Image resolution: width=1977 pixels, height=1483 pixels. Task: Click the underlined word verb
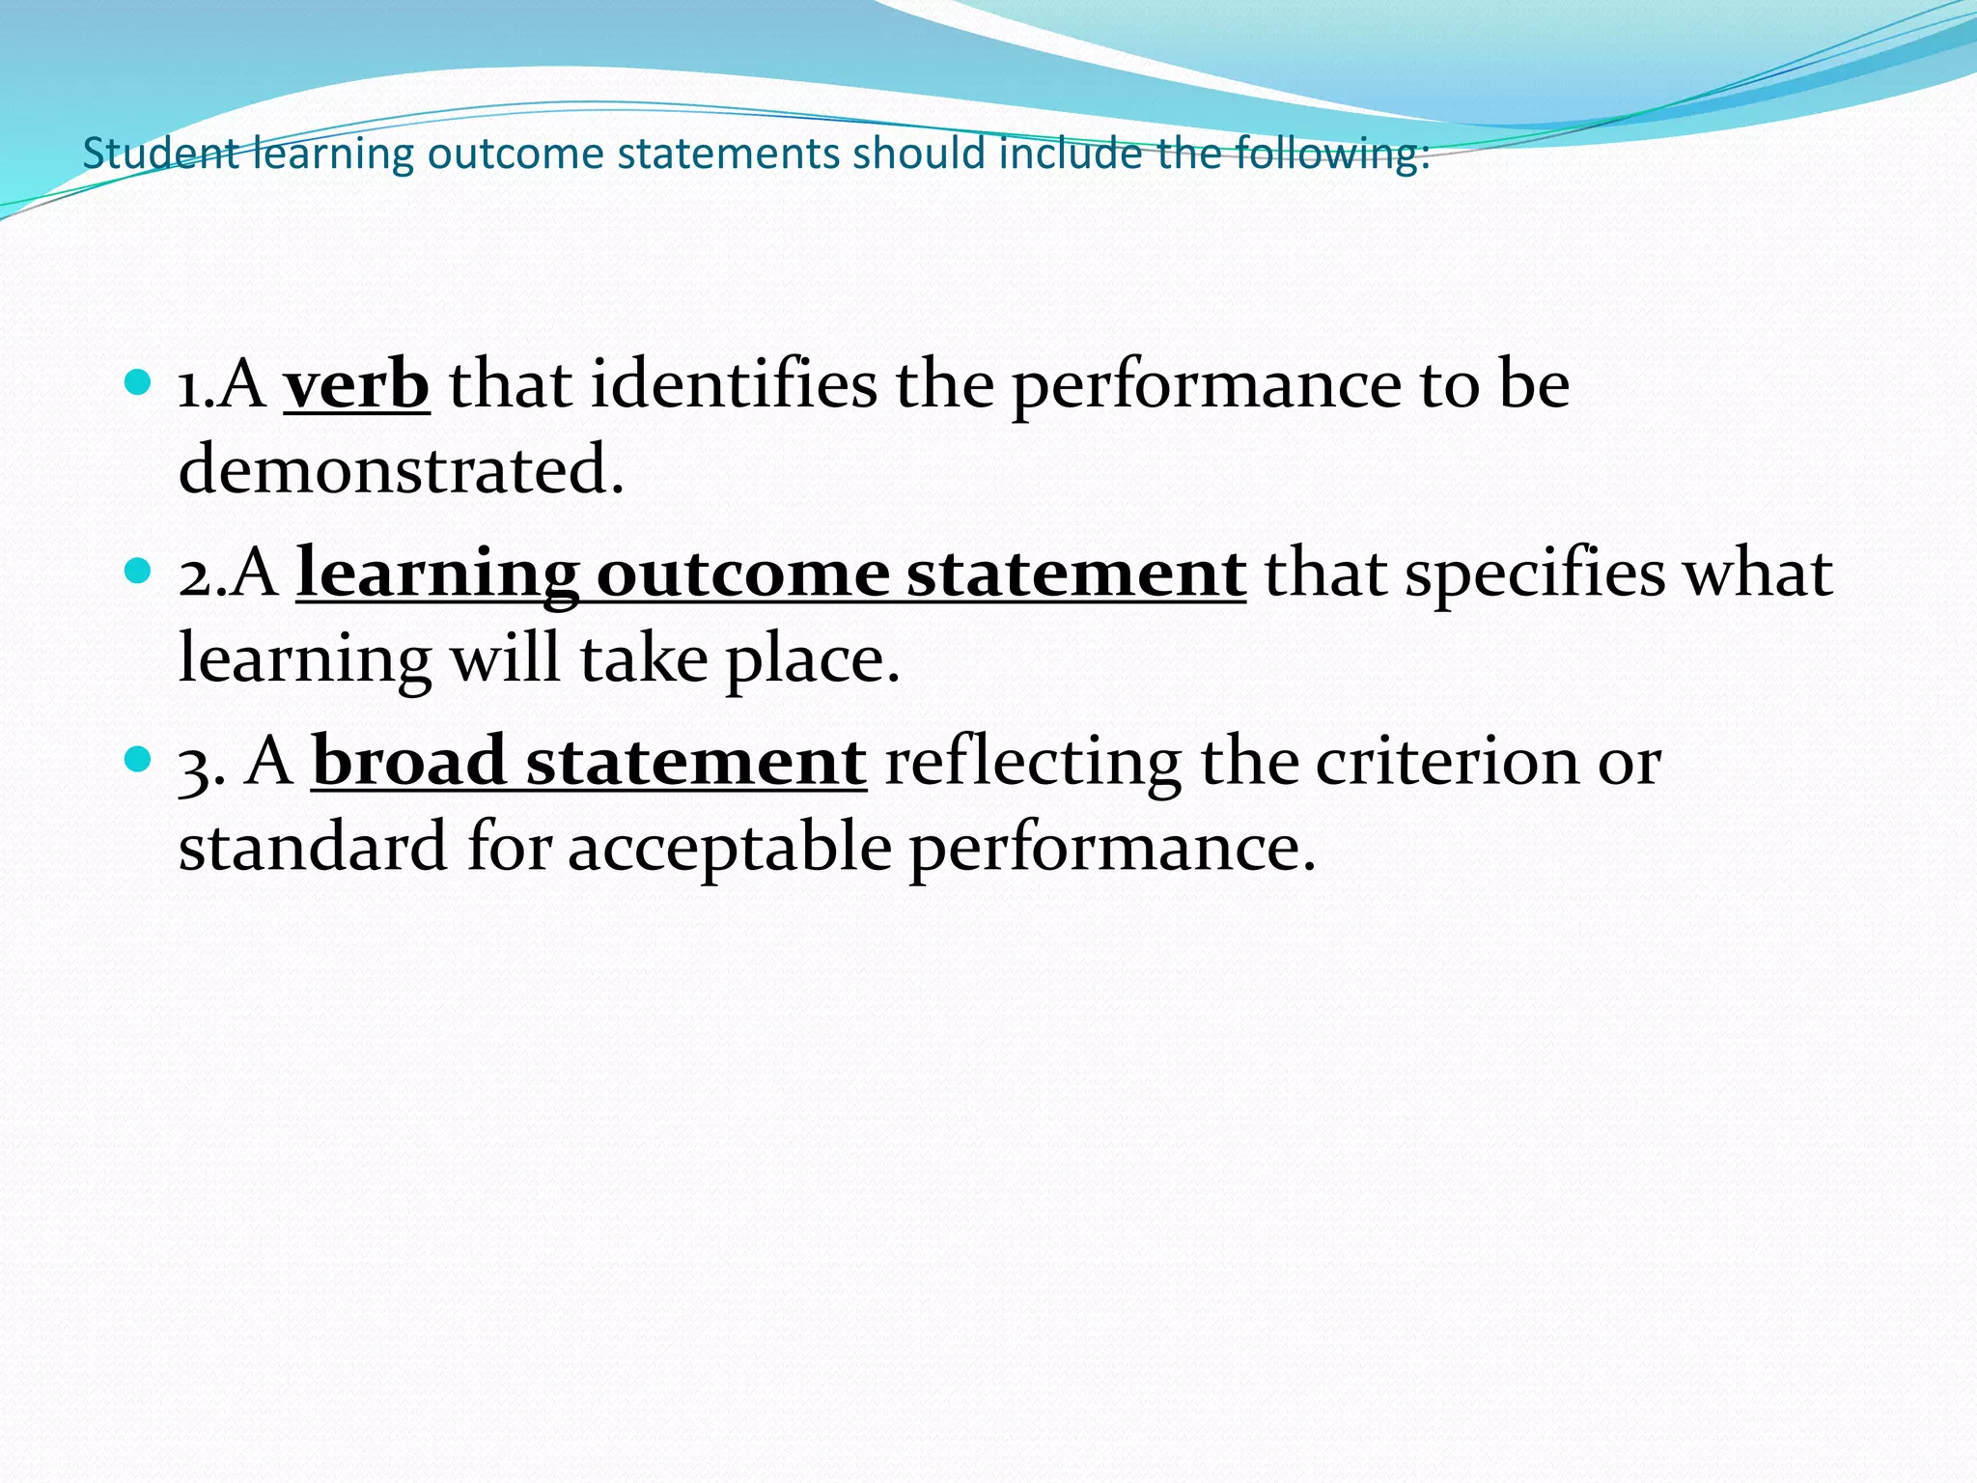pyautogui.click(x=356, y=385)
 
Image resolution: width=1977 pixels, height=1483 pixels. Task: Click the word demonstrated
pyautogui.click(x=402, y=470)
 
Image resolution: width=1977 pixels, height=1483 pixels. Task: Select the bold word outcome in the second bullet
pyautogui.click(x=742, y=574)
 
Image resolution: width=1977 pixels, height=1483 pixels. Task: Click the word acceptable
pyautogui.click(x=729, y=847)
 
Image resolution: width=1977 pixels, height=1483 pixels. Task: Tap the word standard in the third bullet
pyautogui.click(x=313, y=847)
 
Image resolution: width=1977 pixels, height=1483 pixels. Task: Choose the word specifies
pyautogui.click(x=1535, y=574)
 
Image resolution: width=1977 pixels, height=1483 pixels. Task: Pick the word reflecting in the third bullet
pyautogui.click(x=1033, y=762)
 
